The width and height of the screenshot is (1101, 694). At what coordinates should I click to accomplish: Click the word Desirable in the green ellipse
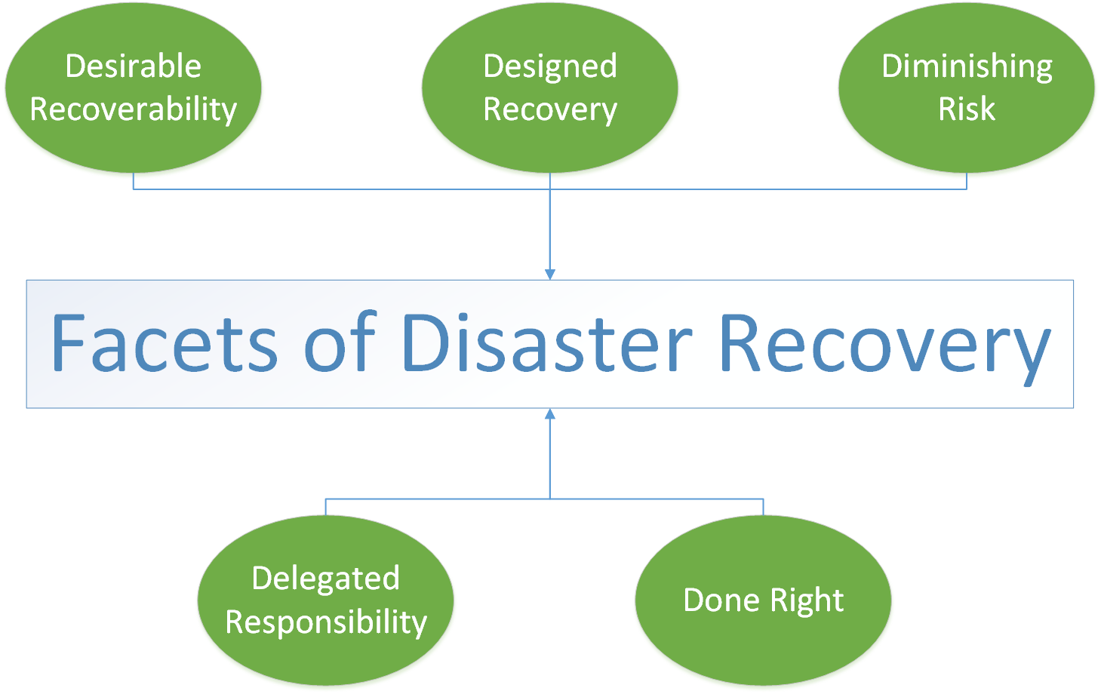tap(133, 66)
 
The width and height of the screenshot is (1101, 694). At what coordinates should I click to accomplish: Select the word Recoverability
tap(133, 109)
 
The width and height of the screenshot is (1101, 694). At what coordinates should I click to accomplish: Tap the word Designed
tap(549, 66)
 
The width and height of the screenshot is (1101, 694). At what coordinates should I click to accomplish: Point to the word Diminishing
tap(967, 66)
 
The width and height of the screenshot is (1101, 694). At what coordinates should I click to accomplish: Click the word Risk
tap(967, 109)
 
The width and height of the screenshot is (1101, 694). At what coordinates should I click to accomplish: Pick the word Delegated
tap(325, 579)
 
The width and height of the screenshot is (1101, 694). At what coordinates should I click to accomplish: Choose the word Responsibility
tap(325, 622)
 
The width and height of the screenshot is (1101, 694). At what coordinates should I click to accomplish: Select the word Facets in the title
tap(164, 343)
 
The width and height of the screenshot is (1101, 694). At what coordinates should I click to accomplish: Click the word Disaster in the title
tap(547, 343)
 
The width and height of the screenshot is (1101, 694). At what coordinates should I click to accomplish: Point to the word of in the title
tap(339, 343)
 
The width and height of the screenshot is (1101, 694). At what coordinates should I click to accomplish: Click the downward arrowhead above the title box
tap(549, 275)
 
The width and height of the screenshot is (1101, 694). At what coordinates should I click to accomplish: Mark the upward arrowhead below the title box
tap(549, 414)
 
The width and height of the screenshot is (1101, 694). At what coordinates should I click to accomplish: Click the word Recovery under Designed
tap(549, 109)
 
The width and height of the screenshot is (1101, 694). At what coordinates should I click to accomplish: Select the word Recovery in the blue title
tap(884, 343)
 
